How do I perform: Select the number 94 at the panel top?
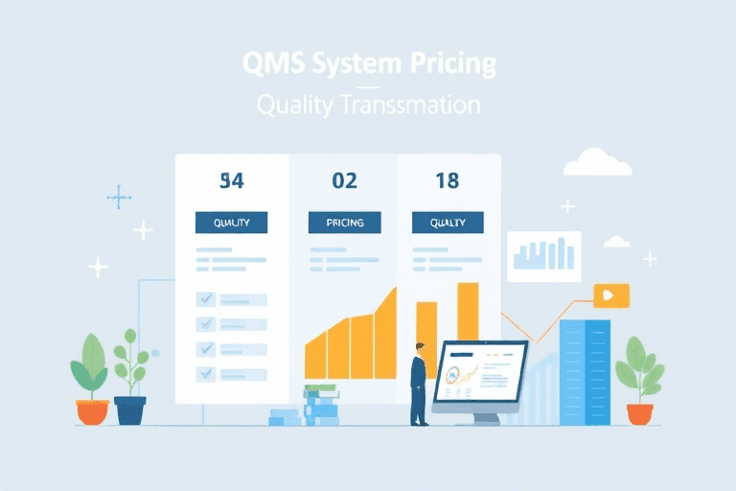231,180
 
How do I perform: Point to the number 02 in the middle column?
344,180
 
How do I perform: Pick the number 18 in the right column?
447,180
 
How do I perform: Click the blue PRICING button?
344,222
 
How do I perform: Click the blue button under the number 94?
231,222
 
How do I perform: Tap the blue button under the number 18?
448,222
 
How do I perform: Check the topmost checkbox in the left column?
205,299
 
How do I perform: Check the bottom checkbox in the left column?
205,373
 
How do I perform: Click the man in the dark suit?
419,384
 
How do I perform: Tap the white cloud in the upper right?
597,164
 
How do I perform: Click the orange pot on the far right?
639,413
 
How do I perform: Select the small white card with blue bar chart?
543,256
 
